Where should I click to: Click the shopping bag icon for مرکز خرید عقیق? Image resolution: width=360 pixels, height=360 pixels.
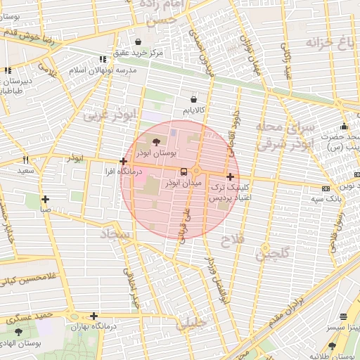click(x=139, y=42)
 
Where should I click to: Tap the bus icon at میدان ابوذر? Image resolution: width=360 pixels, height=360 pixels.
click(x=184, y=171)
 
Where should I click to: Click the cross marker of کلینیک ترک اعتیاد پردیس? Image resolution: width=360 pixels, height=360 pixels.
click(x=230, y=175)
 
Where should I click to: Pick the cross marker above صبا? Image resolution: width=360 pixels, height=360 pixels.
click(x=45, y=199)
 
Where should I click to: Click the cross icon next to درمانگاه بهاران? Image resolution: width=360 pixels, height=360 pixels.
click(x=94, y=316)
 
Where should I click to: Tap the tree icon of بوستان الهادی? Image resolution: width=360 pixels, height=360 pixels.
click(x=18, y=331)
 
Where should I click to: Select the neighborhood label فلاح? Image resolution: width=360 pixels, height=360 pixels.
click(x=235, y=240)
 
